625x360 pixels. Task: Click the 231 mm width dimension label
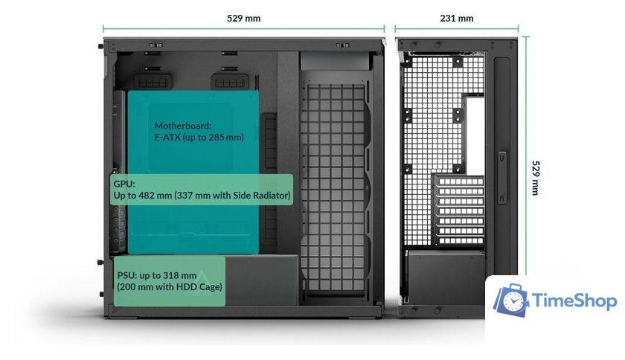tap(456, 18)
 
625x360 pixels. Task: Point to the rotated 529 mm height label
tap(538, 177)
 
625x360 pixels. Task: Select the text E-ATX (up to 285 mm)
tap(199, 138)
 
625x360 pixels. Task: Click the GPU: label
tap(125, 183)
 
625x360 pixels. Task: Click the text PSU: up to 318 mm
tap(156, 274)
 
